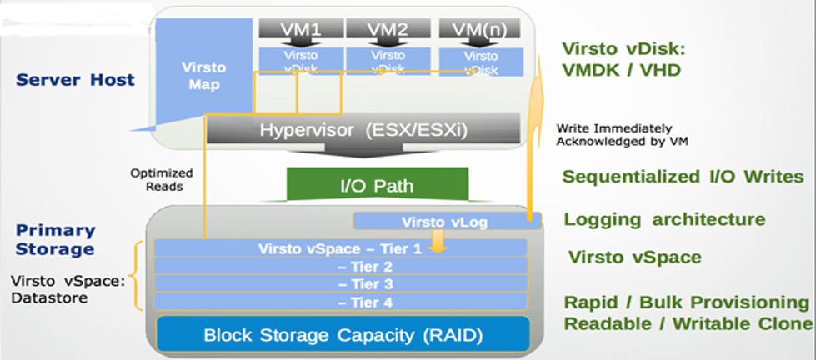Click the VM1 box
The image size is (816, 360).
pos(298,29)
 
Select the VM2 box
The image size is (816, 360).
pos(386,29)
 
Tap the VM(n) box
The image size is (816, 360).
pos(481,29)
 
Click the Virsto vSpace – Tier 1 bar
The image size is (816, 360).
pos(341,247)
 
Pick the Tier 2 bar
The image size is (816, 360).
pos(341,266)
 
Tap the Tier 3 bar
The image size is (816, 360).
pos(341,284)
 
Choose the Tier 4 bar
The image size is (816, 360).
pos(341,302)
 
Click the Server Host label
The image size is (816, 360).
pos(75,80)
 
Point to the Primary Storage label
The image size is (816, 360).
pos(55,239)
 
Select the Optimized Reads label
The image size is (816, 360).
pos(161,180)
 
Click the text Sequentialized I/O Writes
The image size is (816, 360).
pos(683,177)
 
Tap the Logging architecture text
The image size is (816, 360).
pos(664,220)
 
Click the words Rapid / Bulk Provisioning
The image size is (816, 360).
pos(688,302)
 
